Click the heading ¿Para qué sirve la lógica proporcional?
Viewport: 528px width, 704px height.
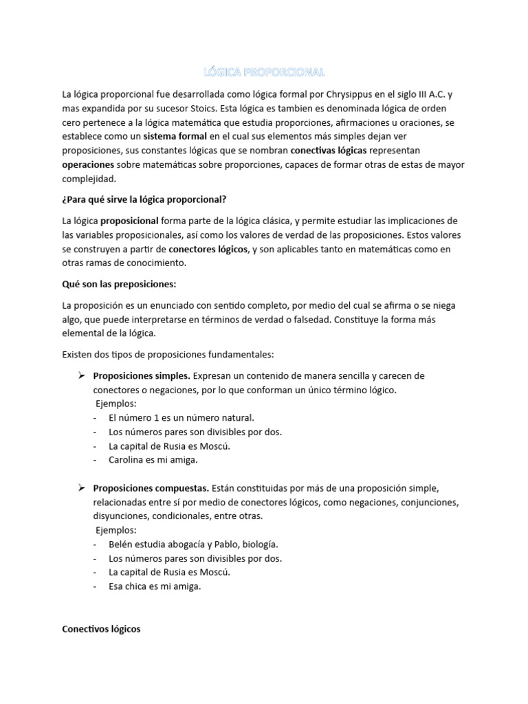click(144, 199)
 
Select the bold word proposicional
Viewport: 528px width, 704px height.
click(130, 221)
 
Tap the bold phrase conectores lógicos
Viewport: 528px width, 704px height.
click(209, 249)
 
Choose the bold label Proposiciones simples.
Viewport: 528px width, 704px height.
click(142, 376)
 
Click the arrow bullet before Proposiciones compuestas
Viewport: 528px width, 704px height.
click(80, 488)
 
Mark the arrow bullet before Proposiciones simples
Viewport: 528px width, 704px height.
click(80, 376)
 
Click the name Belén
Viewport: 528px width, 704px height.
click(121, 544)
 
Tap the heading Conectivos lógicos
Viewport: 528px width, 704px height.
click(101, 628)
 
